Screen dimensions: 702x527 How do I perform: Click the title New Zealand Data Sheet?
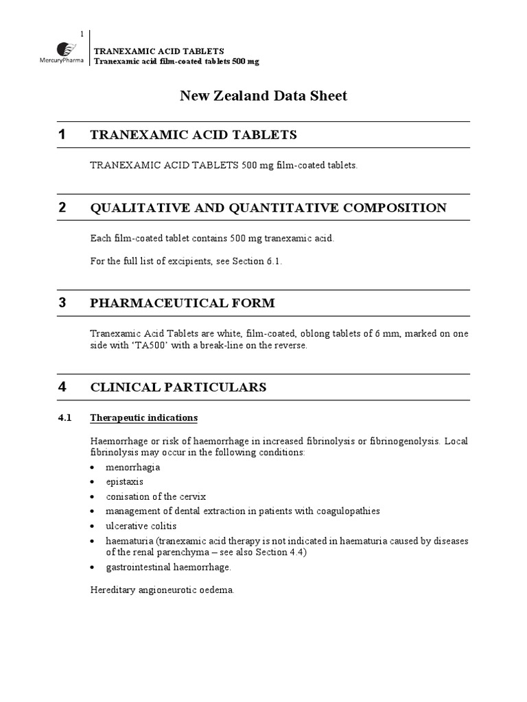[x=263, y=96]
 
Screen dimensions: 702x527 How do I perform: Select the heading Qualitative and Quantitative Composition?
[x=268, y=208]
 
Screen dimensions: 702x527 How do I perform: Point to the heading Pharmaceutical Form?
[x=183, y=302]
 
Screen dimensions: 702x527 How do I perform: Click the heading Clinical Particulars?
[x=178, y=387]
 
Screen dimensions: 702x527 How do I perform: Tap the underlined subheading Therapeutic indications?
[x=144, y=417]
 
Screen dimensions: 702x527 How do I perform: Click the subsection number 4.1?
[x=65, y=417]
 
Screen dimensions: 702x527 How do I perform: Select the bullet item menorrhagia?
[x=132, y=467]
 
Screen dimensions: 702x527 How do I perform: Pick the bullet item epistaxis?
[x=125, y=481]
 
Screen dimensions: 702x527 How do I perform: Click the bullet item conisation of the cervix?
[x=156, y=496]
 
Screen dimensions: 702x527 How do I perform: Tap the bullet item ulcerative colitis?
[x=141, y=526]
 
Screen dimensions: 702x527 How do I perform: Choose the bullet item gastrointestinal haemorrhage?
[x=168, y=567]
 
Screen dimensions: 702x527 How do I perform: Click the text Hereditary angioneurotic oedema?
[x=163, y=590]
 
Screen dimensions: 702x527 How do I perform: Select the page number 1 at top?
[x=82, y=34]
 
